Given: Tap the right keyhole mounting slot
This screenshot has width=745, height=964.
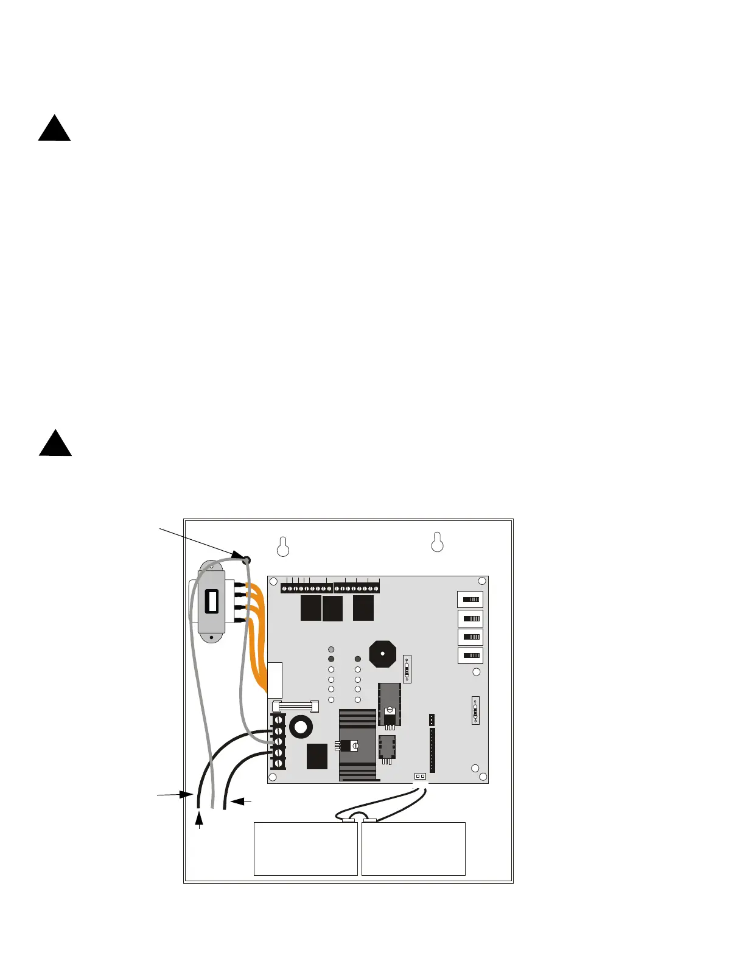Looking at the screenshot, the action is pyautogui.click(x=437, y=541).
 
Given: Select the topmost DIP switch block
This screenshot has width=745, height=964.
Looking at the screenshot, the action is pyautogui.click(x=470, y=599).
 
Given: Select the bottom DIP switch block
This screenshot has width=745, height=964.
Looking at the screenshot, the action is pyautogui.click(x=470, y=656).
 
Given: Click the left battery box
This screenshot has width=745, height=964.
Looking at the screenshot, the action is pyautogui.click(x=305, y=849).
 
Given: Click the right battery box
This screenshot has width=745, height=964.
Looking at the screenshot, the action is pyautogui.click(x=413, y=849).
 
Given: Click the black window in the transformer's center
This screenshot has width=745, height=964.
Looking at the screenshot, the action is pyautogui.click(x=212, y=602).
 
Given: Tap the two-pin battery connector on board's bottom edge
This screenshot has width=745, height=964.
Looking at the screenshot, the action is pyautogui.click(x=420, y=777).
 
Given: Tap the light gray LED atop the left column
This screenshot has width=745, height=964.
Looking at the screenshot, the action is pyautogui.click(x=331, y=649).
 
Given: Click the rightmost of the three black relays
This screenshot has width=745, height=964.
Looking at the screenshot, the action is pyautogui.click(x=363, y=608).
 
